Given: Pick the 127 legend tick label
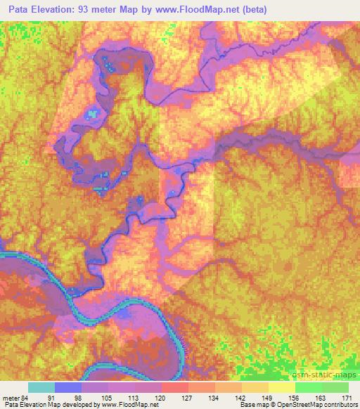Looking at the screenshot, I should (x=188, y=397).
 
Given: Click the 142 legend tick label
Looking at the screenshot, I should (x=241, y=397).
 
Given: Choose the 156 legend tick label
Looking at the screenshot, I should (x=295, y=397).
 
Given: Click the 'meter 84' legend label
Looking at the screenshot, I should (x=15, y=397).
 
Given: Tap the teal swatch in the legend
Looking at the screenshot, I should (x=41, y=387).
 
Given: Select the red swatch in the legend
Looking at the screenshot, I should (x=174, y=387).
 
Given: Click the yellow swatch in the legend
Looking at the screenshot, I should (x=281, y=387).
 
